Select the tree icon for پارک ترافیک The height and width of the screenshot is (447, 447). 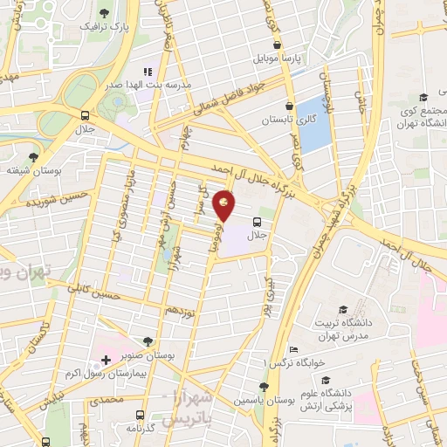(106, 12)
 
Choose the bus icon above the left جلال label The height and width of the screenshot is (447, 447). (85, 115)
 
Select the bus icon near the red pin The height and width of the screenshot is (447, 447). (257, 222)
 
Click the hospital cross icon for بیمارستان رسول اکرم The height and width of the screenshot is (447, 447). (106, 360)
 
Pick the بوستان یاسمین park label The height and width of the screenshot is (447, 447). (263, 400)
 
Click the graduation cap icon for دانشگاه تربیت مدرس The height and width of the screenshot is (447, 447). (343, 310)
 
